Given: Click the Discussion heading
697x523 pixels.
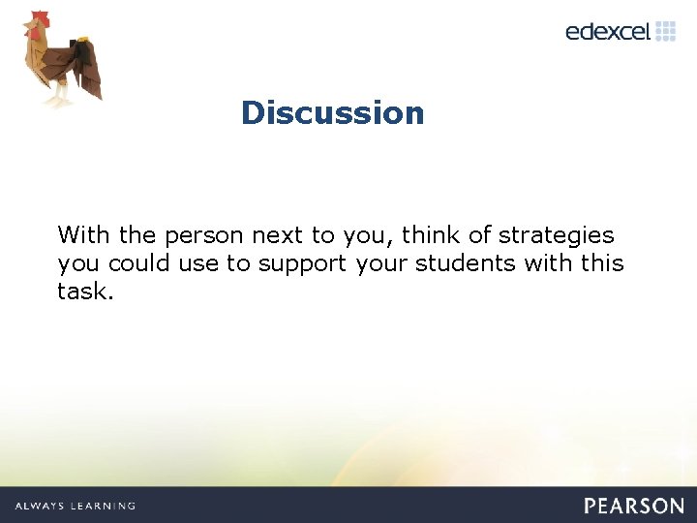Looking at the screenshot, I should tap(332, 112).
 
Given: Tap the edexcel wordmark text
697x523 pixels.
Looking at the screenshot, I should tap(607, 31).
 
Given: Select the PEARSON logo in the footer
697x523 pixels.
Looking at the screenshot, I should tap(634, 506).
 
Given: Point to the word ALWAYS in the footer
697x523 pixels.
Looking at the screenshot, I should tap(39, 506).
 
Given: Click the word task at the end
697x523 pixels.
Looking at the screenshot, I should tap(83, 292).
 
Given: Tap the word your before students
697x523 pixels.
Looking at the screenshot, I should tap(382, 263).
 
